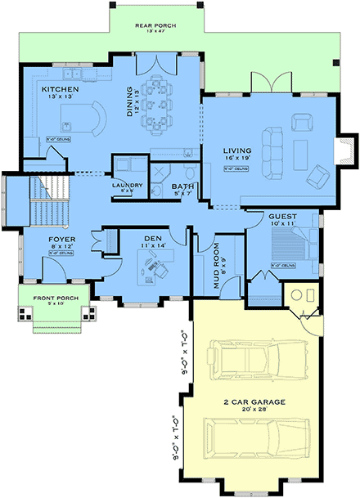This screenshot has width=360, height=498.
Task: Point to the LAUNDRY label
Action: point(127,185)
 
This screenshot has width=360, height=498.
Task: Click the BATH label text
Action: point(182,186)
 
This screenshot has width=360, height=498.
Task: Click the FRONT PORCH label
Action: point(56,298)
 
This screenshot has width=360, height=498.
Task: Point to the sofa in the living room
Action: point(271,150)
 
